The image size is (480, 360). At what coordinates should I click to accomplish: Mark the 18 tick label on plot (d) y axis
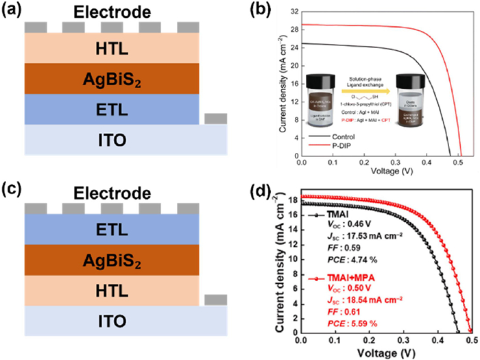[291, 200]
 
